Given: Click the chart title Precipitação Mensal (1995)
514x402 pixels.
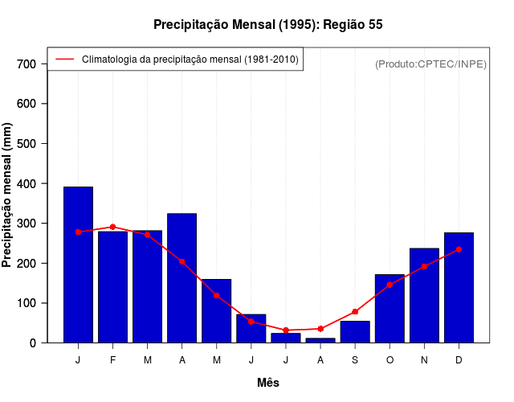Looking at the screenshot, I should tap(267, 25).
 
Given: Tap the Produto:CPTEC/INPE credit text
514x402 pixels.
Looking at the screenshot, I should tap(431, 64).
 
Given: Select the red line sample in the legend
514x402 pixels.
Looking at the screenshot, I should tap(64, 59).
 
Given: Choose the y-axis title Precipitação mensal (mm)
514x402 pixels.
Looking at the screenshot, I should tap(7, 195).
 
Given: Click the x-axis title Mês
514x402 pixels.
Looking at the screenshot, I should tap(268, 383).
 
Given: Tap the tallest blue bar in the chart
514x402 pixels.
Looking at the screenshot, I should tap(78, 265).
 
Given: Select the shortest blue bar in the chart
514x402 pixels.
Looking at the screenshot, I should tap(320, 340).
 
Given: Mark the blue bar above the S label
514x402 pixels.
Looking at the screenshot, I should tap(355, 332).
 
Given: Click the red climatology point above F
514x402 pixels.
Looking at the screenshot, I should tap(113, 227).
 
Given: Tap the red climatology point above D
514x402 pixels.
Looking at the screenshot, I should tap(459, 249).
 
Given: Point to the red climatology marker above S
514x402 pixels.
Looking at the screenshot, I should tap(355, 312).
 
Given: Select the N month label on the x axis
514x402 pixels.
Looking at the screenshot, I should tap(424, 360).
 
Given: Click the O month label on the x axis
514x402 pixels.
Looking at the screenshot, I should tap(390, 360).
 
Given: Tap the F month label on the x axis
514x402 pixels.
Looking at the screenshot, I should tap(113, 360).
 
